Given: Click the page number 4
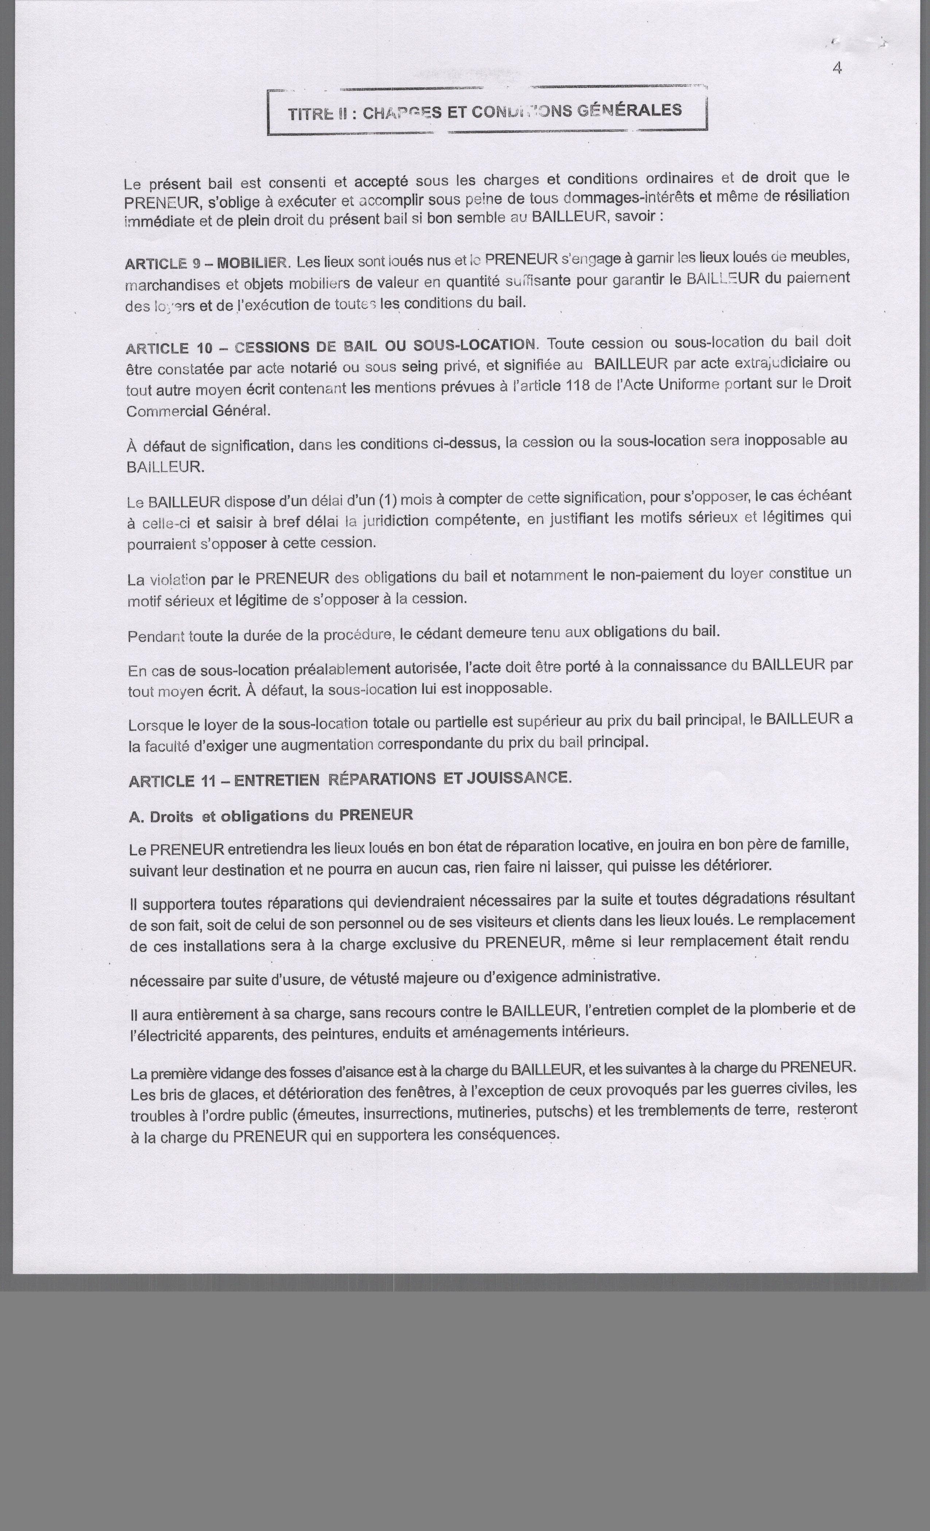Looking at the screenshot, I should tap(837, 69).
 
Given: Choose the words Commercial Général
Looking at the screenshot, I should tap(198, 411).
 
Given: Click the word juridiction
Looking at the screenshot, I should tap(395, 520).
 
